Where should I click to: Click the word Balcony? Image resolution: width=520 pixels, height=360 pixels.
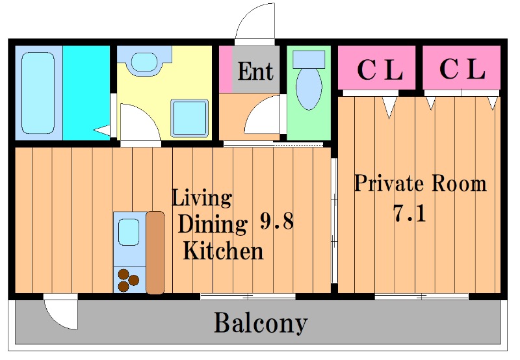pos(261,323)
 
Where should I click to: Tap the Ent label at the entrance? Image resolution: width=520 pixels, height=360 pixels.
pos(255,71)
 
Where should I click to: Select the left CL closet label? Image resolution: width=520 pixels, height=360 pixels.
pos(380,70)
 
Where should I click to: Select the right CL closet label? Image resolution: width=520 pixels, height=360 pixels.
pos(462,69)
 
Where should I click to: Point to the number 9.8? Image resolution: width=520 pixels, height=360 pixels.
pos(277,221)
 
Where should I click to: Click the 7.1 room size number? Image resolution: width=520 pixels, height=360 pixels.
pos(409,213)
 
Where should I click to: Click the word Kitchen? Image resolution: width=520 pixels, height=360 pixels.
pos(223,251)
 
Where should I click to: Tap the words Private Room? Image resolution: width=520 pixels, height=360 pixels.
pos(420,183)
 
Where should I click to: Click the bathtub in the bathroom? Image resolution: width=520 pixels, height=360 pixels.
pos(38,93)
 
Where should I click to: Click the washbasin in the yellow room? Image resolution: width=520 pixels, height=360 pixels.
pos(144,62)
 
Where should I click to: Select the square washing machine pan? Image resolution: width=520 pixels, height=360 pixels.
pos(190,118)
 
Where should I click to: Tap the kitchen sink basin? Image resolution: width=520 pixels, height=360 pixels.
pos(129,232)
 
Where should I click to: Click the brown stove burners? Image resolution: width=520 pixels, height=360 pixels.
pos(128,280)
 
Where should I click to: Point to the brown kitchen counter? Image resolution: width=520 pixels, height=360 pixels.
pos(155,253)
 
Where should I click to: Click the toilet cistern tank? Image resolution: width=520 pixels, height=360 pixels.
pos(309,59)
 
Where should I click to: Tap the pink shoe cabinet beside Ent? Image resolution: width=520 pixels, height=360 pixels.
pos(226,70)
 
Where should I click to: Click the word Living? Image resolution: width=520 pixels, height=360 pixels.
pos(201,199)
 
